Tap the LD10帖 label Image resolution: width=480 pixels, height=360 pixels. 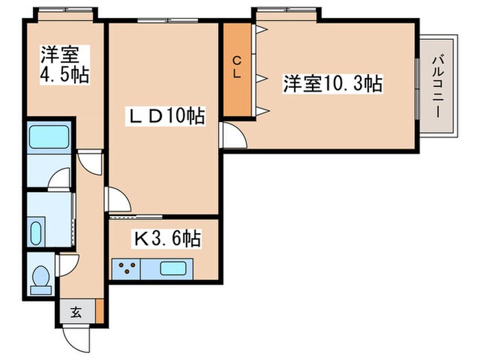165,117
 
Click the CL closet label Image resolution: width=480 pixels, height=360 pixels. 236,67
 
